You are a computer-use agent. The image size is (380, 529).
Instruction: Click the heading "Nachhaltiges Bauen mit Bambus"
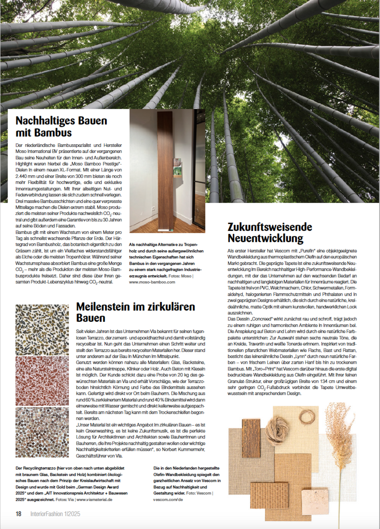61,127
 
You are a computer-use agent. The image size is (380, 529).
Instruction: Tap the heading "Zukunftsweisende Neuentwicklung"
270,233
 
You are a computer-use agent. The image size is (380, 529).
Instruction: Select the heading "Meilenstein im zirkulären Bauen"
135,312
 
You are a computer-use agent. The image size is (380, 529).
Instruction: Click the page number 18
18,514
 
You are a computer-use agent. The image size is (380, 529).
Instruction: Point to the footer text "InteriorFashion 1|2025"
55,514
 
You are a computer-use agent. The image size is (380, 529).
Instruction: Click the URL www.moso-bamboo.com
152,282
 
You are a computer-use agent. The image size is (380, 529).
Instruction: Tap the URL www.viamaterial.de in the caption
94,500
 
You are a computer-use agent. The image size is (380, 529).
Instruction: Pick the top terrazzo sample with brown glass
42,330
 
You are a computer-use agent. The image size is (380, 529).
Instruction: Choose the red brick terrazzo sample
42,381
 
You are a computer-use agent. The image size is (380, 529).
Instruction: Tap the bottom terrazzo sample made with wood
42,432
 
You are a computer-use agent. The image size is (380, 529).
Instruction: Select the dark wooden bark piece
251,438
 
